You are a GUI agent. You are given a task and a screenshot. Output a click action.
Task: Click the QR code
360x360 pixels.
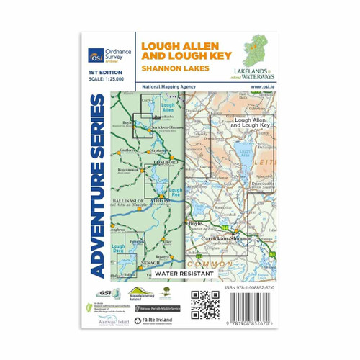(x=204, y=304)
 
